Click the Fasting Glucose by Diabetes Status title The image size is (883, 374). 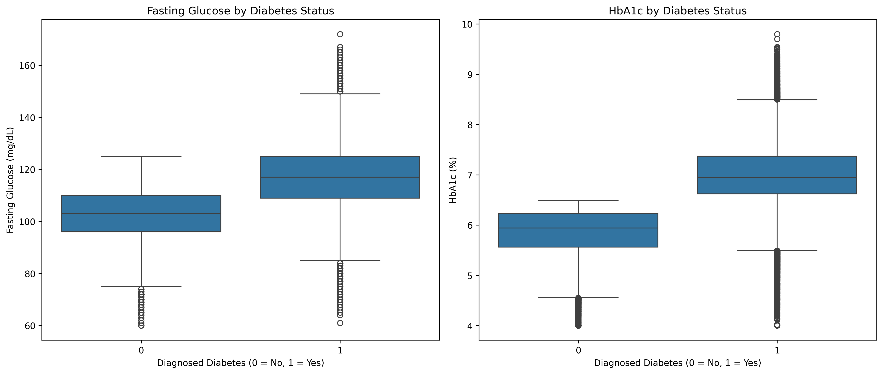tap(240, 11)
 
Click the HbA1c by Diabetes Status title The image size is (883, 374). tap(677, 11)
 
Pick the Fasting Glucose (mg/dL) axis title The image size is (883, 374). tap(11, 180)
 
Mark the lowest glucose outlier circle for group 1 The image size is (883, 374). tap(340, 323)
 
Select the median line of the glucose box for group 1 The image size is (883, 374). tap(340, 177)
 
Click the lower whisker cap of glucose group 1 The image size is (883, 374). tap(340, 260)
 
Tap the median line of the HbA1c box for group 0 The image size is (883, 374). tap(578, 228)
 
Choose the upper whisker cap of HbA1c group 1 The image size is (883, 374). tap(777, 100)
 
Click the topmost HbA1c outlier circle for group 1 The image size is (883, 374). tap(777, 34)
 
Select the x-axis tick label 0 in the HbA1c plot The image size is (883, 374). tap(578, 351)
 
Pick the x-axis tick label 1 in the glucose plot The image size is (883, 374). tap(340, 351)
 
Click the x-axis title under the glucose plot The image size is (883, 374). tap(240, 363)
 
